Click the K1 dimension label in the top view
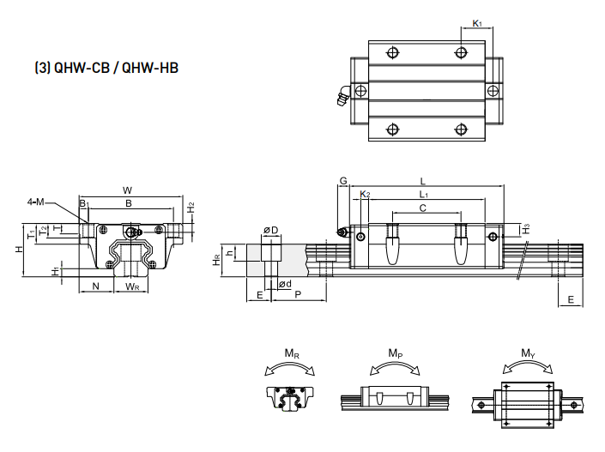477,23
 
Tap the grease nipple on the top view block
343,96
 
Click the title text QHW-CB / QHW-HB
106,68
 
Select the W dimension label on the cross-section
127,190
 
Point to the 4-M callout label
36,202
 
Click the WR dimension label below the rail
132,286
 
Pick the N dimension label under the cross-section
96,286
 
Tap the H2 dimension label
191,208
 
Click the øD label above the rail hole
271,230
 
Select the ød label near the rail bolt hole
285,284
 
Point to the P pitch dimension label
298,295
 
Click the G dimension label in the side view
343,180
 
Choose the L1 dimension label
424,195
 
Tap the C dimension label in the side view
423,208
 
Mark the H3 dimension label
526,229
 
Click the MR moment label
292,353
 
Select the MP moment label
396,353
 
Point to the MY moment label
529,353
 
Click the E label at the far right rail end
571,299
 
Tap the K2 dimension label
365,194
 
